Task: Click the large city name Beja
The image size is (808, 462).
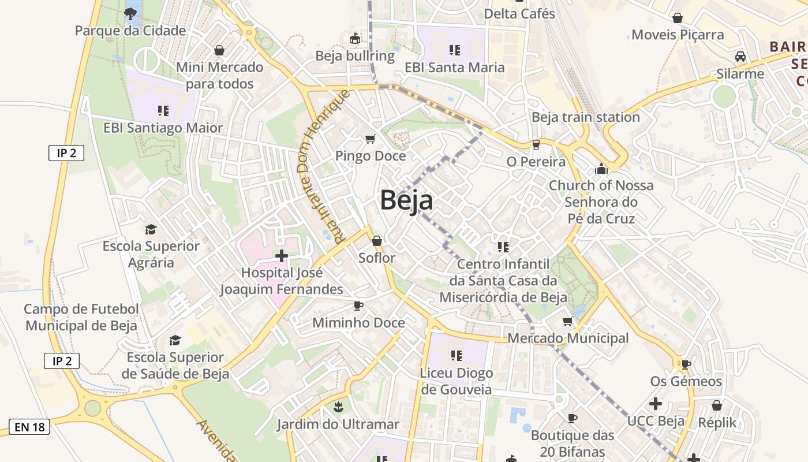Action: (x=406, y=201)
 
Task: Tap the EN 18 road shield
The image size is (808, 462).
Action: (x=29, y=427)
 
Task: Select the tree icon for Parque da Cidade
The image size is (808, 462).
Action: (x=130, y=13)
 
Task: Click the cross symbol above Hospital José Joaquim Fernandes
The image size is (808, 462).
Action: (x=282, y=256)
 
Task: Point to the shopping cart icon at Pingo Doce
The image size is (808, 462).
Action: (x=371, y=139)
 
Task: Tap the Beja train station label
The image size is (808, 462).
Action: (x=585, y=117)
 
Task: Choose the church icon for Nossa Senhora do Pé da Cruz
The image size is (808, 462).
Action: (x=601, y=169)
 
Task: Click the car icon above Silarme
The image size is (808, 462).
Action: (x=740, y=57)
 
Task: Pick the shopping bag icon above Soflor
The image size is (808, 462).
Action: (x=377, y=240)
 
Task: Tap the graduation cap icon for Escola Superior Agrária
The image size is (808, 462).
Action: (x=151, y=229)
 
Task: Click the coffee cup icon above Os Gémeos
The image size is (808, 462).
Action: (x=686, y=364)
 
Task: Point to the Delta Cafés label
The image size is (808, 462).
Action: (x=519, y=13)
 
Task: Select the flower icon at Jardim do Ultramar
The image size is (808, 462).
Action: (x=338, y=407)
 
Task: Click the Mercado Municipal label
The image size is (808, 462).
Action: (x=568, y=338)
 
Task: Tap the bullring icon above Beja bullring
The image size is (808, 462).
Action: (x=355, y=39)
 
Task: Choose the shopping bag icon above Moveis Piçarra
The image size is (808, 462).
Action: (x=678, y=18)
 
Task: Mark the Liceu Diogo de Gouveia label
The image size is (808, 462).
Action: (x=457, y=381)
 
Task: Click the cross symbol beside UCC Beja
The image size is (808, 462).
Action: (x=656, y=404)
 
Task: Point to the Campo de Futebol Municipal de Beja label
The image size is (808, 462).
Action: (x=81, y=317)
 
